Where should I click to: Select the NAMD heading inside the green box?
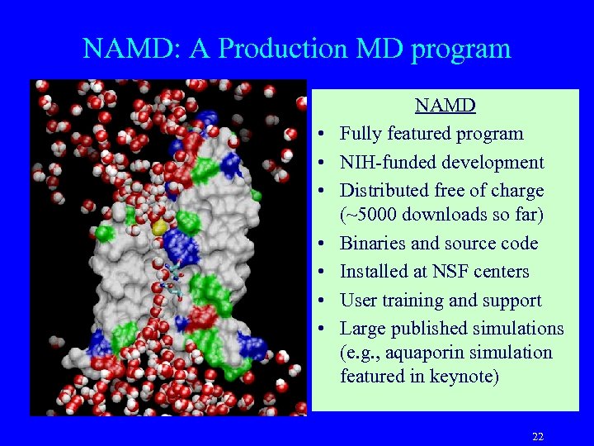tap(445, 106)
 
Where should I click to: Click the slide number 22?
tap(538, 436)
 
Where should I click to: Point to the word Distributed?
tap(385, 190)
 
